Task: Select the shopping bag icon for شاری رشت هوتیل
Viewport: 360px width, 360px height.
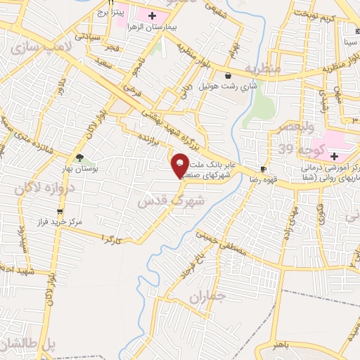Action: [x=227, y=76]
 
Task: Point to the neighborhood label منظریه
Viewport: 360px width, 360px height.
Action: [x=263, y=69]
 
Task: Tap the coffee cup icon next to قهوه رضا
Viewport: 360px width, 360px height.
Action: [x=263, y=169]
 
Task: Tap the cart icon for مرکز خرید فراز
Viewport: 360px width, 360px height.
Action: [x=60, y=212]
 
